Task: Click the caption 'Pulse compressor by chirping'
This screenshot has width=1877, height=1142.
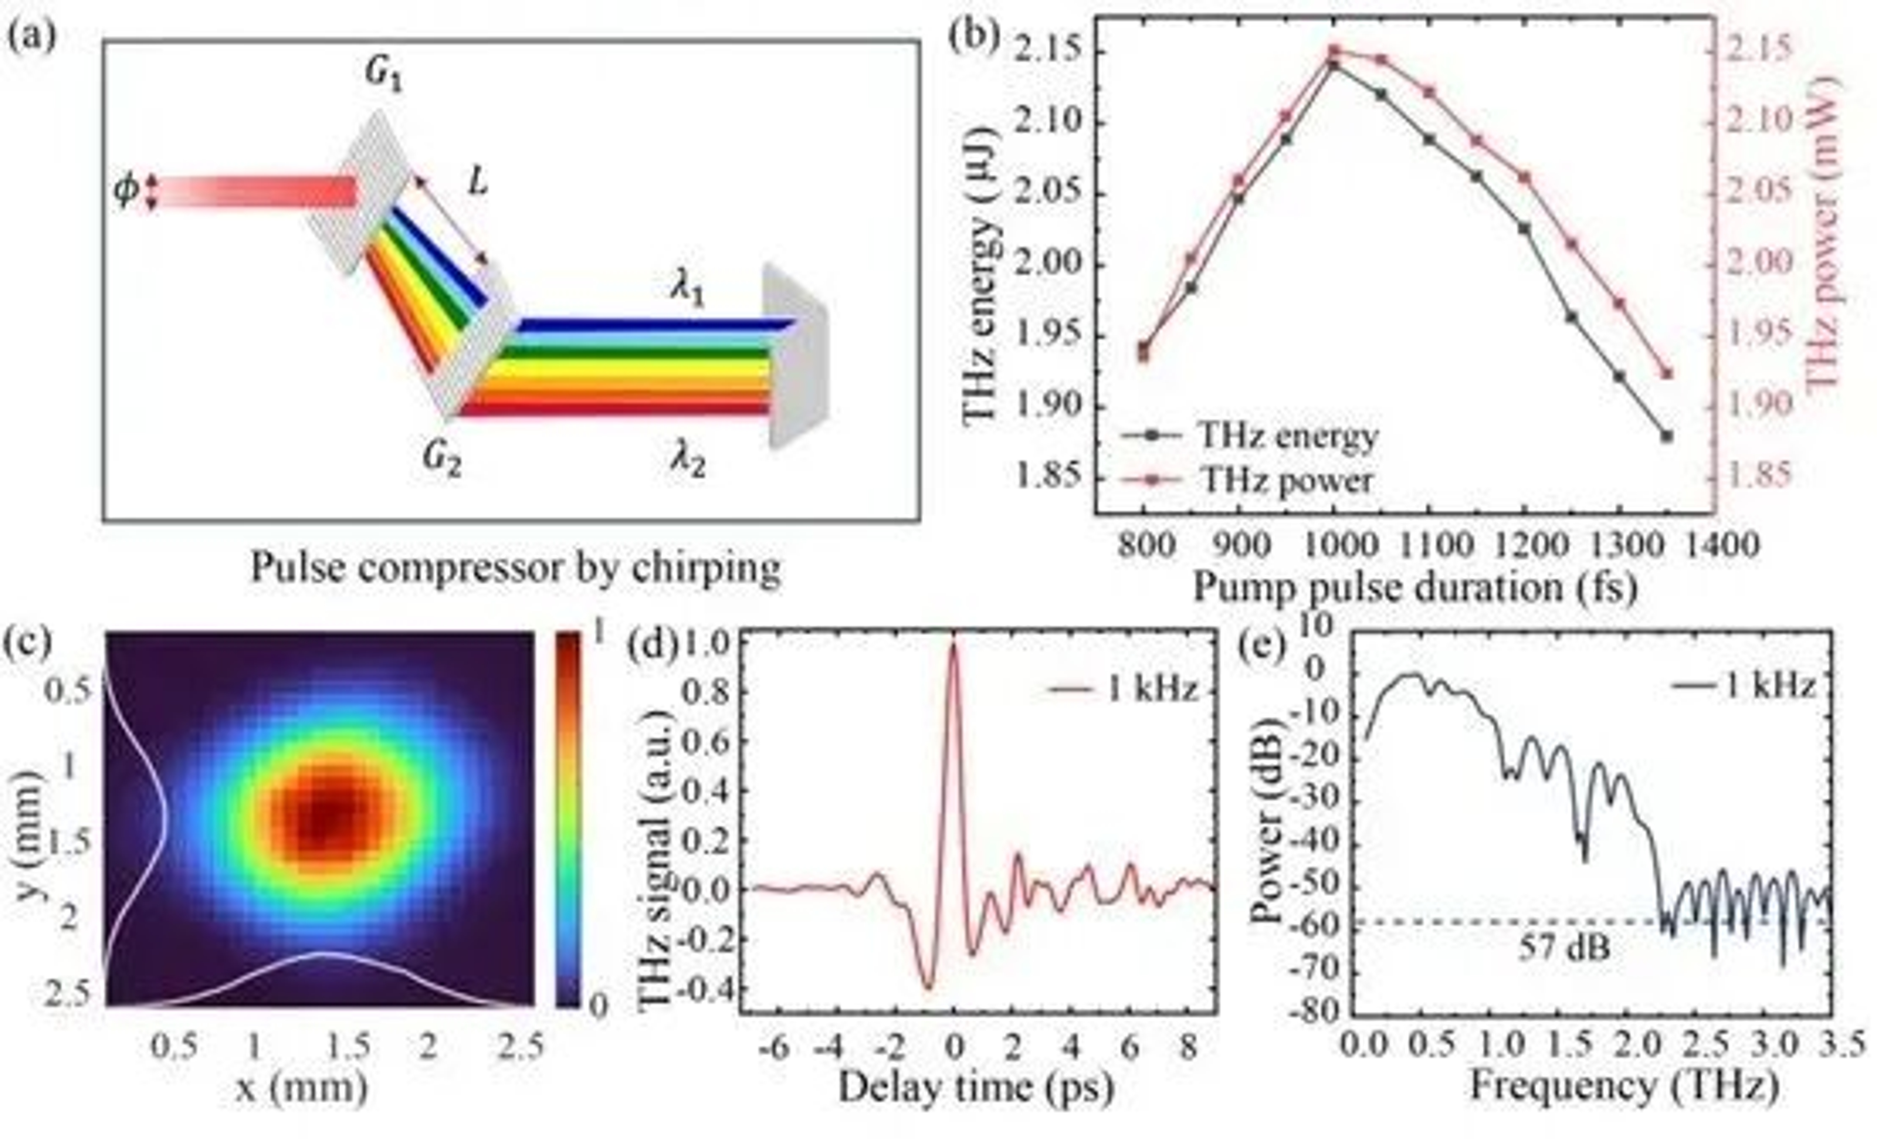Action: tap(516, 567)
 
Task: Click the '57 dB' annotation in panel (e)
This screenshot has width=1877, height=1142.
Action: tap(1565, 948)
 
